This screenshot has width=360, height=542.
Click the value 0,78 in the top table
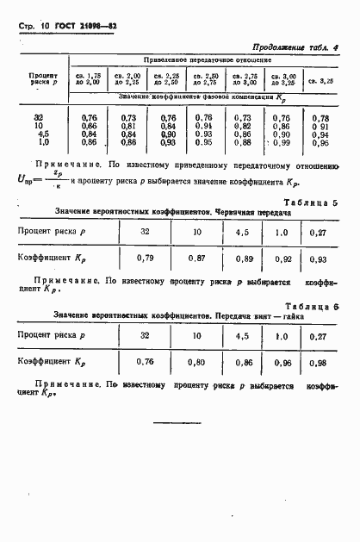[320, 117]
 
